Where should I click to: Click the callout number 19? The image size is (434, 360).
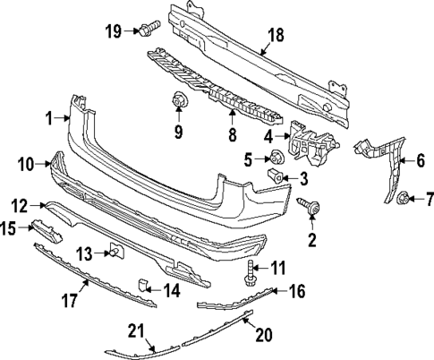[x=112, y=31]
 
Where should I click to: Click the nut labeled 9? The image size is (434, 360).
[x=179, y=103]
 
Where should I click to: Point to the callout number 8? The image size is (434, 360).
[x=232, y=135]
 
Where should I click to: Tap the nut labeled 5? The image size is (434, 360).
[x=277, y=159]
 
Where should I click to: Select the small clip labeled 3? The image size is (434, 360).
[x=277, y=176]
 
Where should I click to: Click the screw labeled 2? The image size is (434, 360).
[x=310, y=208]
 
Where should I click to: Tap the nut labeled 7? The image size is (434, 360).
[x=404, y=196]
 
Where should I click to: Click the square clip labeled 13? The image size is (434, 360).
[x=115, y=252]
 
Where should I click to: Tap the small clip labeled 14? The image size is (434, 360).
[x=143, y=287]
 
